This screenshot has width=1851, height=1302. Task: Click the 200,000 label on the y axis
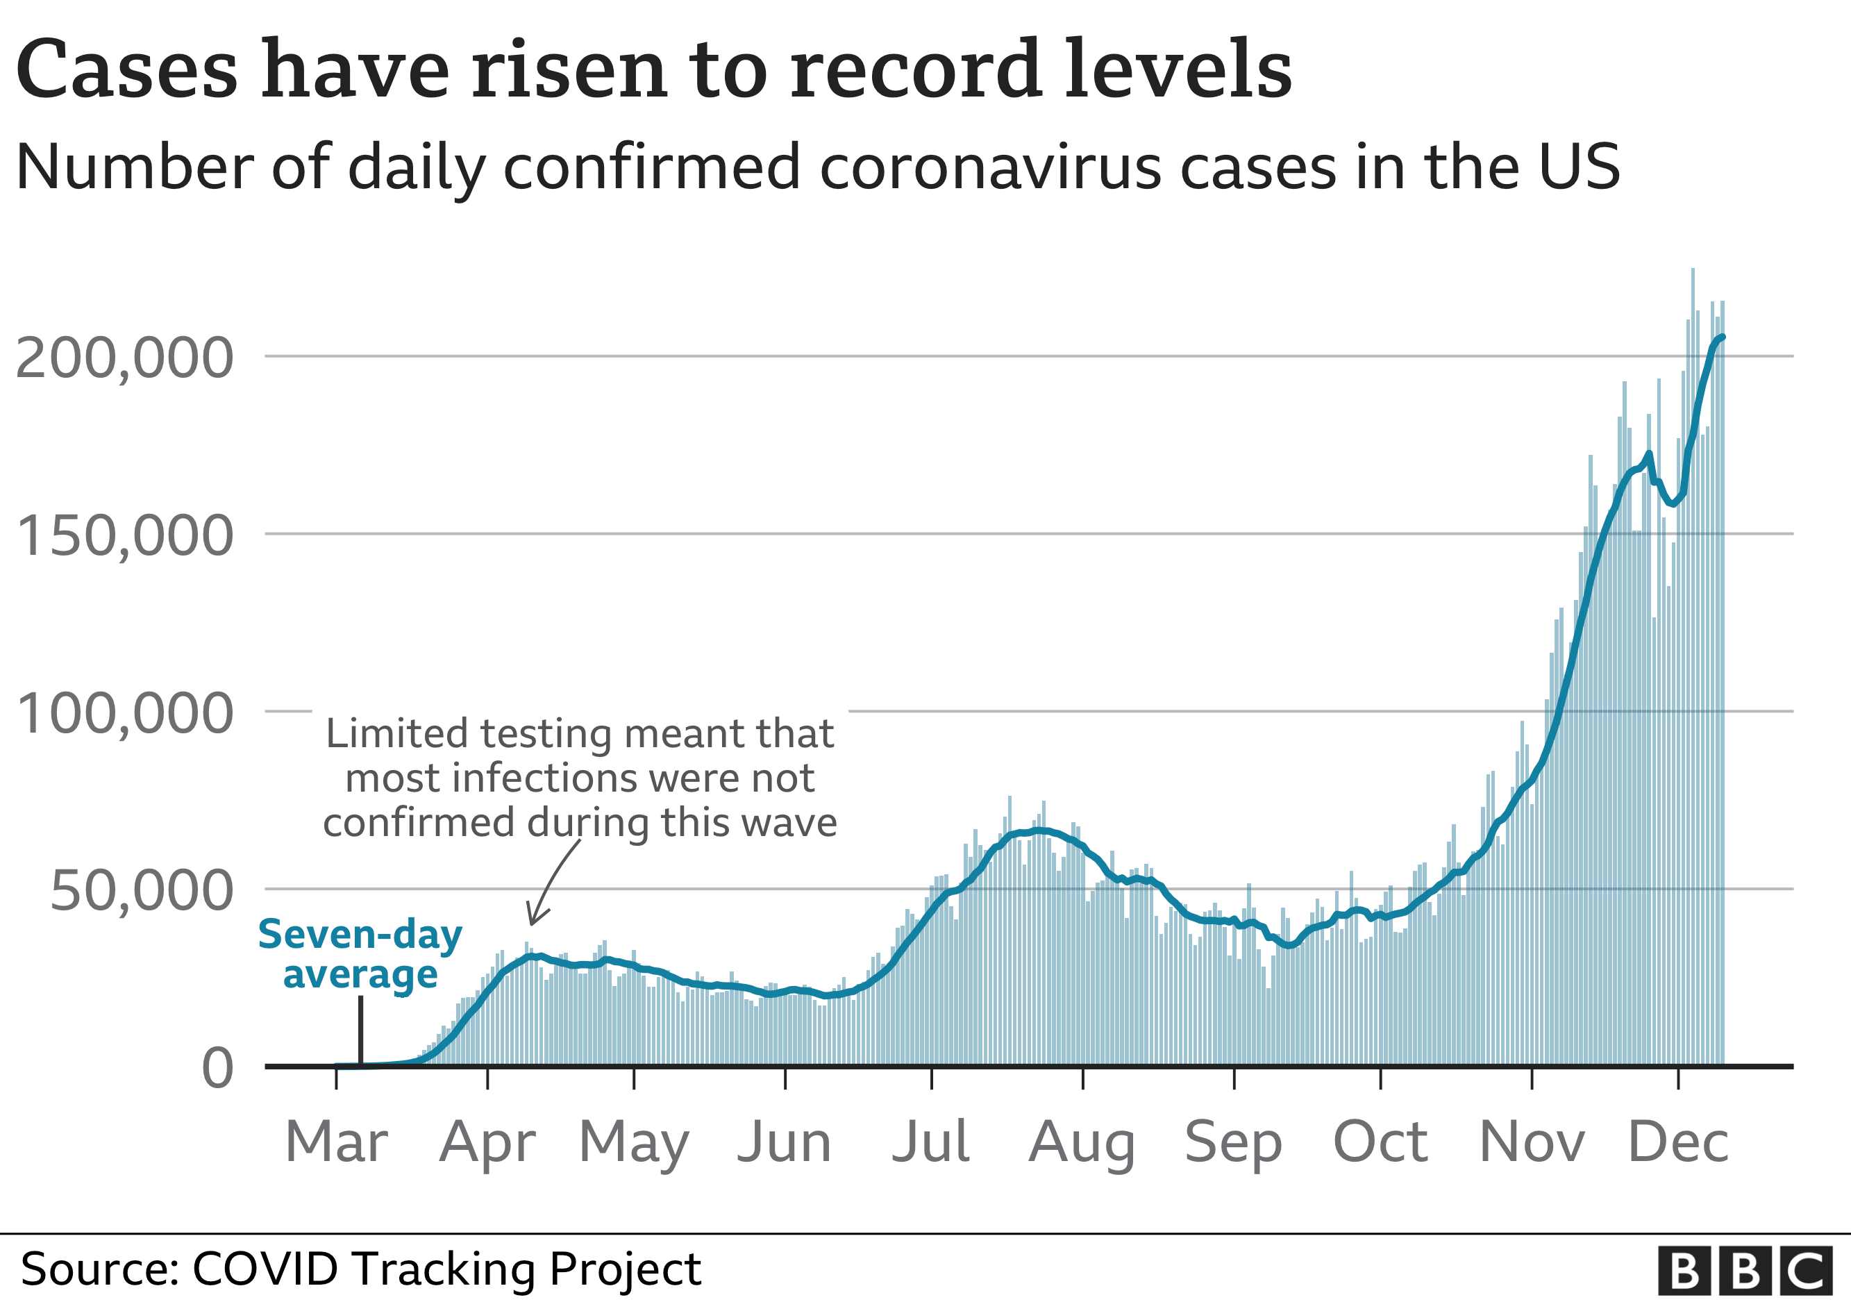click(124, 357)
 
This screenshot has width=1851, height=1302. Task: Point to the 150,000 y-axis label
click(124, 536)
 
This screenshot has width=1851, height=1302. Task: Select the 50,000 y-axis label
click(141, 891)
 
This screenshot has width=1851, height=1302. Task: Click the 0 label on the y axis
click(218, 1069)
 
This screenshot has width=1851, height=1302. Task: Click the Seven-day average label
click(360, 955)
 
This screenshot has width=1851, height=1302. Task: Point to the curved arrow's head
click(531, 922)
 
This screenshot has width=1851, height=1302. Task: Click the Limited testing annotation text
click(580, 778)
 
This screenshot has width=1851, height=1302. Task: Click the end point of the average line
click(1723, 336)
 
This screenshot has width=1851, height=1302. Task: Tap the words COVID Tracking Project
click(446, 1269)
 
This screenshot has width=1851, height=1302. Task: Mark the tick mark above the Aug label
click(1082, 1078)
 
